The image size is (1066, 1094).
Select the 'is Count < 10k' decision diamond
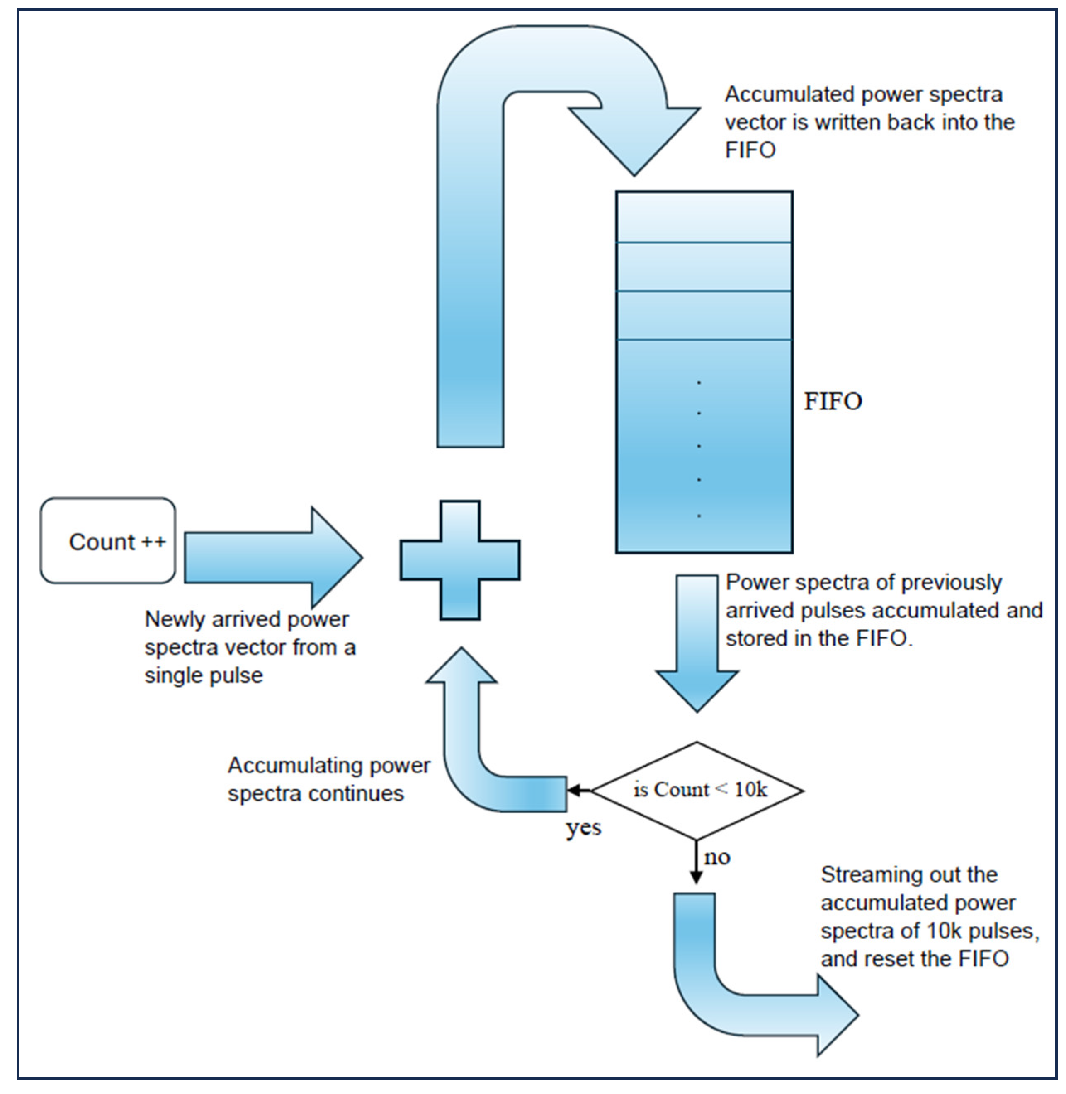tap(697, 790)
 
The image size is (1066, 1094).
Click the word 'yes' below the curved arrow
tap(583, 827)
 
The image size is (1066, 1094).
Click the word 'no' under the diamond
tap(716, 857)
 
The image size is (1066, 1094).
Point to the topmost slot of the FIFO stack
tap(704, 218)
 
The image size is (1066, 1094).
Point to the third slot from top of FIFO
tap(704, 315)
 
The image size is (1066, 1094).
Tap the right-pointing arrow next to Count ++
tap(273, 557)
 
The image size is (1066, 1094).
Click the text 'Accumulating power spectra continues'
tap(329, 779)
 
